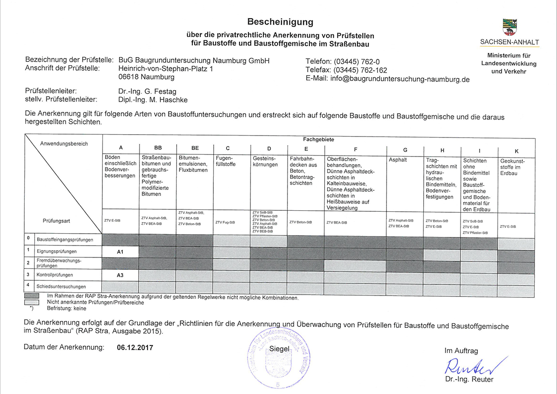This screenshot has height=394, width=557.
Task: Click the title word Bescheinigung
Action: [280, 22]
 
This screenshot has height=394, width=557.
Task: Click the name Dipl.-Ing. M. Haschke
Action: [153, 99]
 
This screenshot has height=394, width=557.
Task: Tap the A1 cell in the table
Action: [120, 252]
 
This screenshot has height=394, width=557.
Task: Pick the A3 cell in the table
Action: [120, 275]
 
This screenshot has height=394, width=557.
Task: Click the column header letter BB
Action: [158, 148]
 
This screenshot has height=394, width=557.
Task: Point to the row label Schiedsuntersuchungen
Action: [61, 286]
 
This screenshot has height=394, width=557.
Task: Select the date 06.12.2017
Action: [135, 347]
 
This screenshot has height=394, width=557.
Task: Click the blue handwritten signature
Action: [471, 365]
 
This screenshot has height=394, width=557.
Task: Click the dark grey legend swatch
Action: [31, 296]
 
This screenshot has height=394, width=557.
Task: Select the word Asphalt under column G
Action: [398, 160]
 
